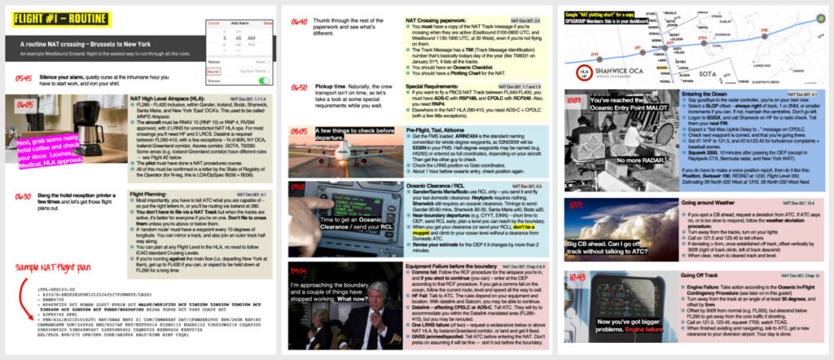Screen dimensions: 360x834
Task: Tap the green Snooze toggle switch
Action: click(264, 80)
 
